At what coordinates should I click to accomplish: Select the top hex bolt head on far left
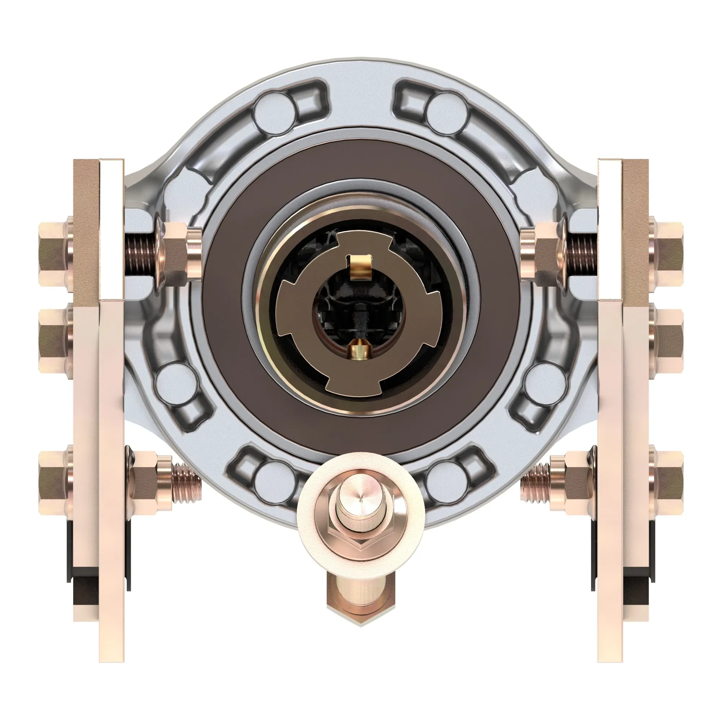tap(54, 254)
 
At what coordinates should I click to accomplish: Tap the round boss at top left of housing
tap(274, 112)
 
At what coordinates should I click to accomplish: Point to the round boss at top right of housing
tap(447, 112)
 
